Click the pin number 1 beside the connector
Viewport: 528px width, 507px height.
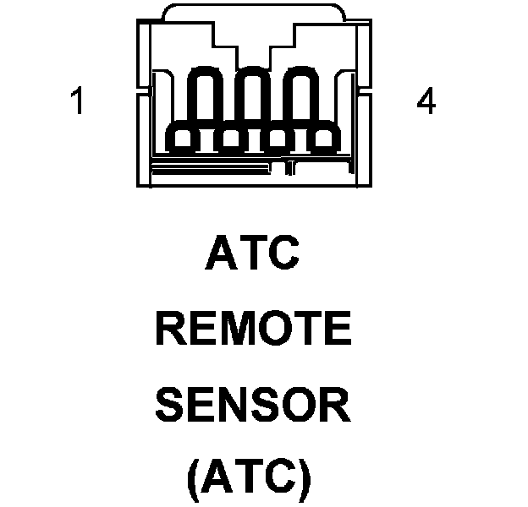78,102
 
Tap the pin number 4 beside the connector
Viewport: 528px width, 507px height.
426,102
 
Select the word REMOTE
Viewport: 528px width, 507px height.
252,330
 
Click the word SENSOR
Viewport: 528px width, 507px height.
252,406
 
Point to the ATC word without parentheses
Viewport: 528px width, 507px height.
252,254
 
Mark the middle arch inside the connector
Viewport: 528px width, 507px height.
251,97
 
